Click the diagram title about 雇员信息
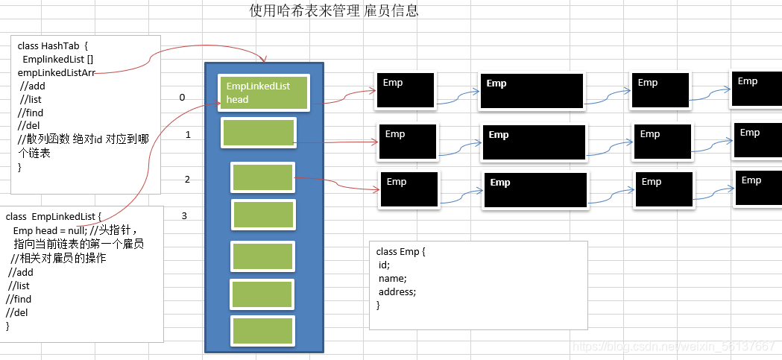point(333,10)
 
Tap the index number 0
point(182,98)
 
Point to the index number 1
point(188,135)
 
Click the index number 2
point(187,179)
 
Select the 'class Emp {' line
point(400,252)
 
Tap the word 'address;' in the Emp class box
point(397,292)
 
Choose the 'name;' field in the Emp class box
point(392,279)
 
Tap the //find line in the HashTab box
point(31,113)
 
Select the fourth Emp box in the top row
point(755,91)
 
